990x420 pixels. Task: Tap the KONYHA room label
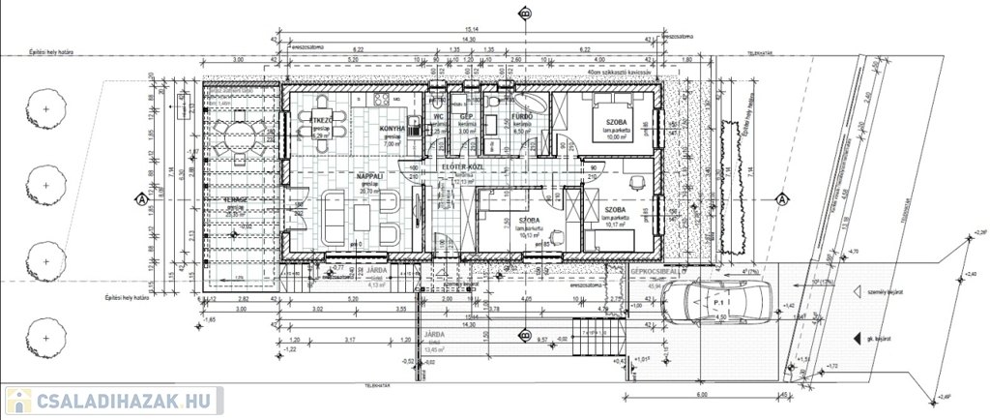392,129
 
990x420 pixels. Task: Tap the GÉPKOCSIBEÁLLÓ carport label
656,274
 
